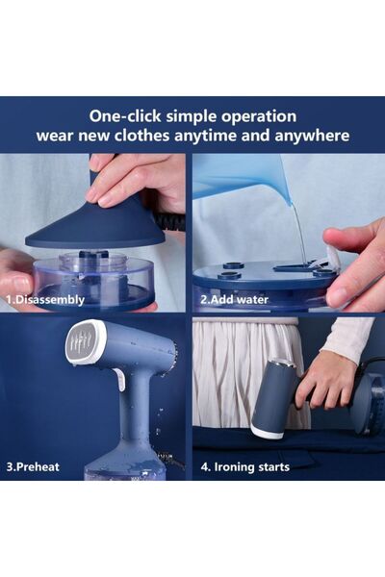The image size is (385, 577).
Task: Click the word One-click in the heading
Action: click(x=125, y=116)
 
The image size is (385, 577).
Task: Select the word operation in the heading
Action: click(x=259, y=117)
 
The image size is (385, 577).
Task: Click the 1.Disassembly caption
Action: click(x=45, y=299)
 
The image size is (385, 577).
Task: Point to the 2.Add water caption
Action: click(x=234, y=299)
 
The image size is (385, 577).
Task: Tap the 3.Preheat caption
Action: click(x=33, y=467)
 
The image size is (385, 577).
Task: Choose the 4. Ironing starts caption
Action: click(x=245, y=467)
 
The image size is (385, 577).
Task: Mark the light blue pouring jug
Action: click(x=240, y=177)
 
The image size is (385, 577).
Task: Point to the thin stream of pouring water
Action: click(x=299, y=232)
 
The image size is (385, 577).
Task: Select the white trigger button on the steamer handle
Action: click(x=120, y=379)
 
